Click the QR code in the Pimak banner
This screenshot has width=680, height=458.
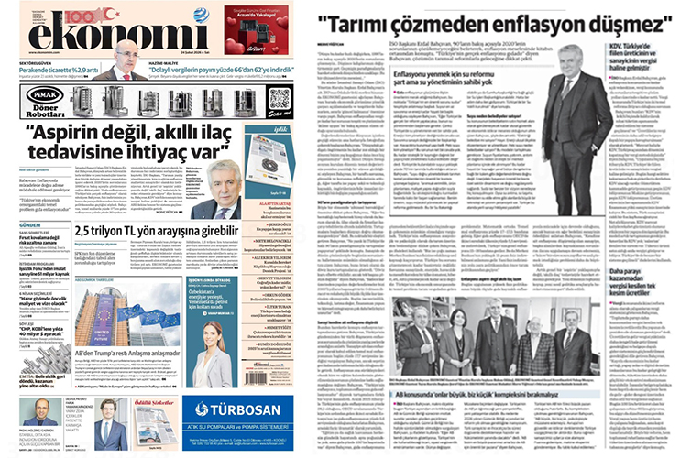[x=280, y=98]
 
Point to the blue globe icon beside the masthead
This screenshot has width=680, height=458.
[x=200, y=16]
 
